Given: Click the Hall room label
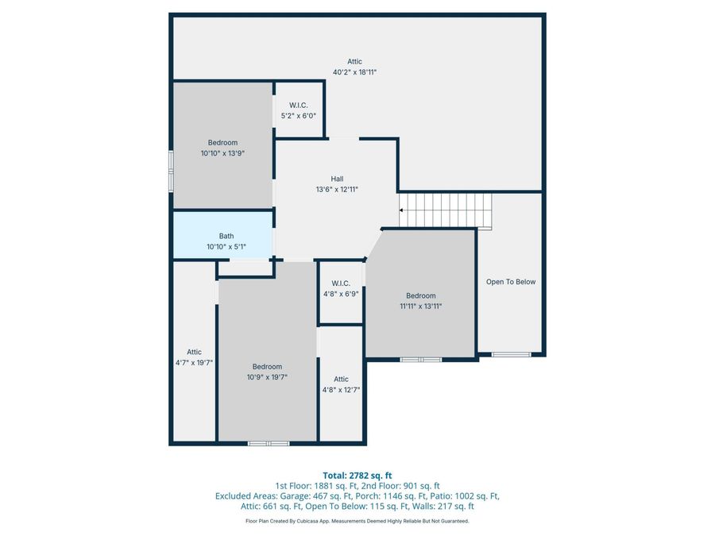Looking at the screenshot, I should (337, 179).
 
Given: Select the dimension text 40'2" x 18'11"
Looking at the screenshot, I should (354, 72).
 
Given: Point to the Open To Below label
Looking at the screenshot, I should (511, 282).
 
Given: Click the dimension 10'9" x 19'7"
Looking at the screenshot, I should (267, 377).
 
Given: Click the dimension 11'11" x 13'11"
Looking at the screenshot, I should (420, 306).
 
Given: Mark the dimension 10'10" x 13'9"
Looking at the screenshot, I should (222, 153).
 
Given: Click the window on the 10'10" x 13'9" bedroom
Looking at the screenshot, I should (171, 170).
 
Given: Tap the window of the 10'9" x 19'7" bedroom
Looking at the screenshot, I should (269, 443).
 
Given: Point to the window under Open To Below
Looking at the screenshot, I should (511, 354).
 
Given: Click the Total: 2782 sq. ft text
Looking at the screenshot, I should (357, 476).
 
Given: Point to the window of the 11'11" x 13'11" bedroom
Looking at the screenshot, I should (420, 360).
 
